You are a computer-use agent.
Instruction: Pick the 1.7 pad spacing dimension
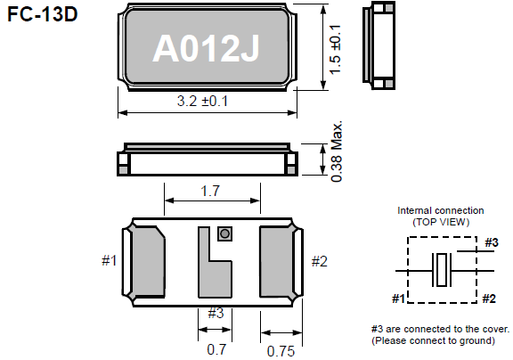pos(210,191)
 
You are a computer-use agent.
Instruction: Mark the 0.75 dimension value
pos(281,350)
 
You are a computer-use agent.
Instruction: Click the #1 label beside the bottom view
pos(109,261)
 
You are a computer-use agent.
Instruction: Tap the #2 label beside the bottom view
pos(319,261)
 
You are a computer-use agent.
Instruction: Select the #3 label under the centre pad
pos(216,312)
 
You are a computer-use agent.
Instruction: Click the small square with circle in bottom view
pos(224,233)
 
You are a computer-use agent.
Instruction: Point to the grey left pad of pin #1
pos(146,260)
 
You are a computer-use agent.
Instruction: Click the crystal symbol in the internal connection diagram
pos(443,269)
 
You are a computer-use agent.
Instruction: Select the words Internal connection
pos(440,210)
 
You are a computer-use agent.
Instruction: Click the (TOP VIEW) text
pos(440,221)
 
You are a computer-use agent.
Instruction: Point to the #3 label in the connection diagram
pos(491,241)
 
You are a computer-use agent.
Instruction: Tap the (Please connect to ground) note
pos(434,340)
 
